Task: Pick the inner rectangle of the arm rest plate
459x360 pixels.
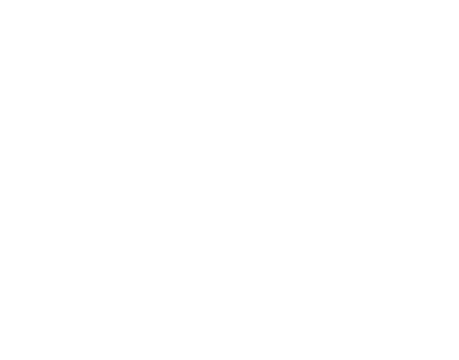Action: [354, 289]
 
